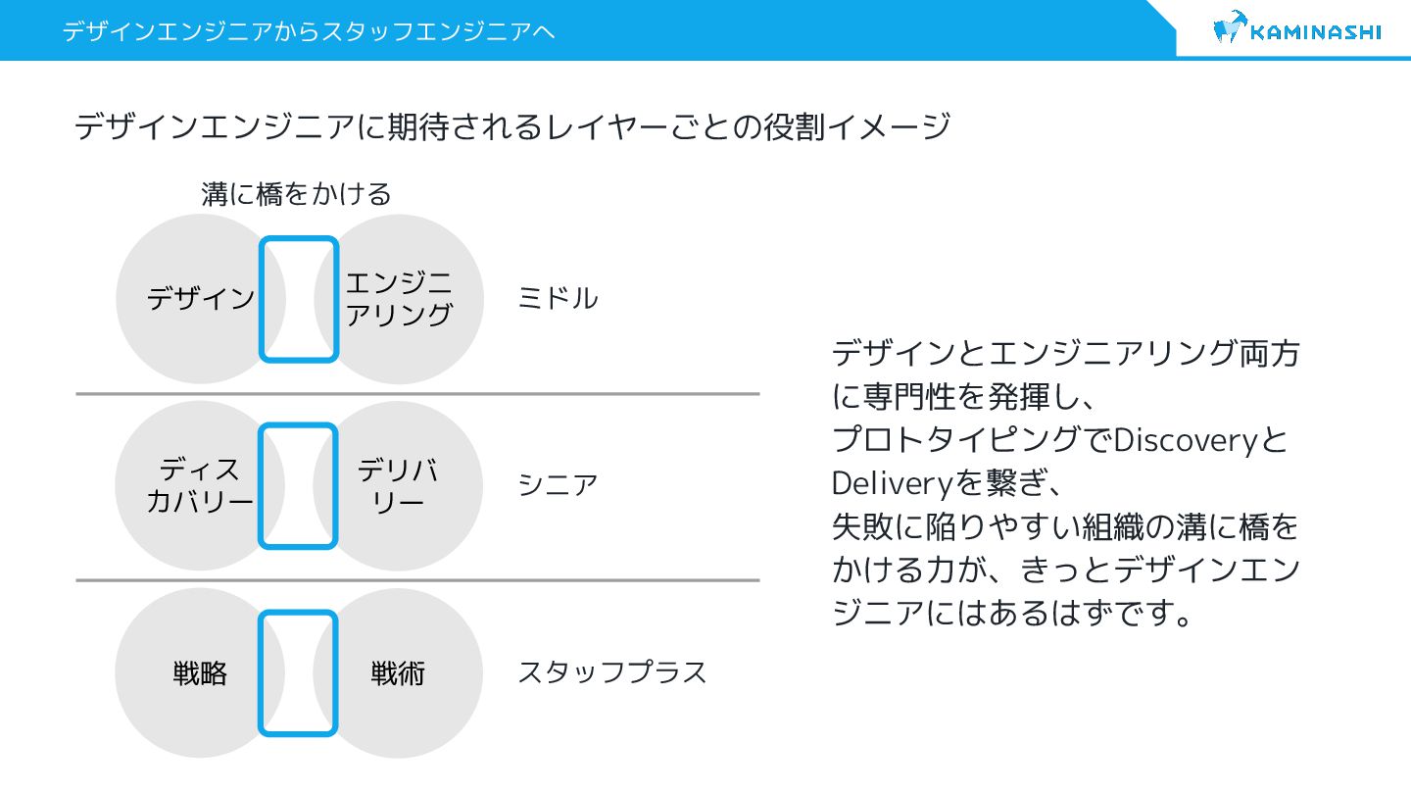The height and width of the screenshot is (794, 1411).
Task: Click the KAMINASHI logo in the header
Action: (x=1296, y=30)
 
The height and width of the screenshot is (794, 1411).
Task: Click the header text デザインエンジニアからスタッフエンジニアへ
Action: (x=309, y=31)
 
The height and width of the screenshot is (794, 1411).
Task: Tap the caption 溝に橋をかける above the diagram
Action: (x=296, y=194)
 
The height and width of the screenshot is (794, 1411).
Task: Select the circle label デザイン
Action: (x=201, y=299)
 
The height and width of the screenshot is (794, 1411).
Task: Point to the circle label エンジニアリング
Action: (x=400, y=299)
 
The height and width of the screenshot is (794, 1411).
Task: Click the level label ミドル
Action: (x=557, y=299)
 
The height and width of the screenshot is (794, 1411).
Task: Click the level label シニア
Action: (x=557, y=485)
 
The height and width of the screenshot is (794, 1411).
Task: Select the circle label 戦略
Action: (x=200, y=673)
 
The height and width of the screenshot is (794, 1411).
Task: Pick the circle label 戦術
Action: (x=398, y=673)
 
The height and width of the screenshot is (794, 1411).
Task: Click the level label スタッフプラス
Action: (x=611, y=673)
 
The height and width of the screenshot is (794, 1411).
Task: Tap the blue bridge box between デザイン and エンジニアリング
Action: (x=299, y=299)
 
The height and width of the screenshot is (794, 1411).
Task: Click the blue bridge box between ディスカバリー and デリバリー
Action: (x=299, y=486)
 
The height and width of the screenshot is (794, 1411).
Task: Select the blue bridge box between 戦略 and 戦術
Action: (x=299, y=673)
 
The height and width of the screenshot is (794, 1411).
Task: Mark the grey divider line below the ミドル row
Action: (x=417, y=394)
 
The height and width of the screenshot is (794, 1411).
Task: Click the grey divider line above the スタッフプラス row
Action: (x=417, y=580)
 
